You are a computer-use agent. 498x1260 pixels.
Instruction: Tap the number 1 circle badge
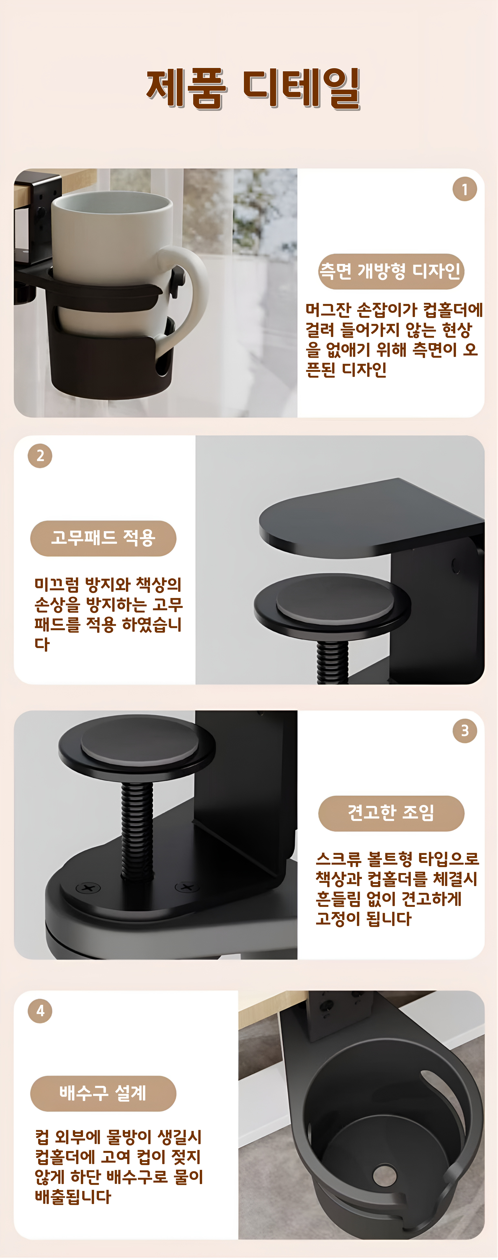tap(464, 189)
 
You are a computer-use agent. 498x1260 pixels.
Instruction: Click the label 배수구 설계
tap(103, 1093)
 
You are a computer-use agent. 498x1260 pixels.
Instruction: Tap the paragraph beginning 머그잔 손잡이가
tap(394, 339)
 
